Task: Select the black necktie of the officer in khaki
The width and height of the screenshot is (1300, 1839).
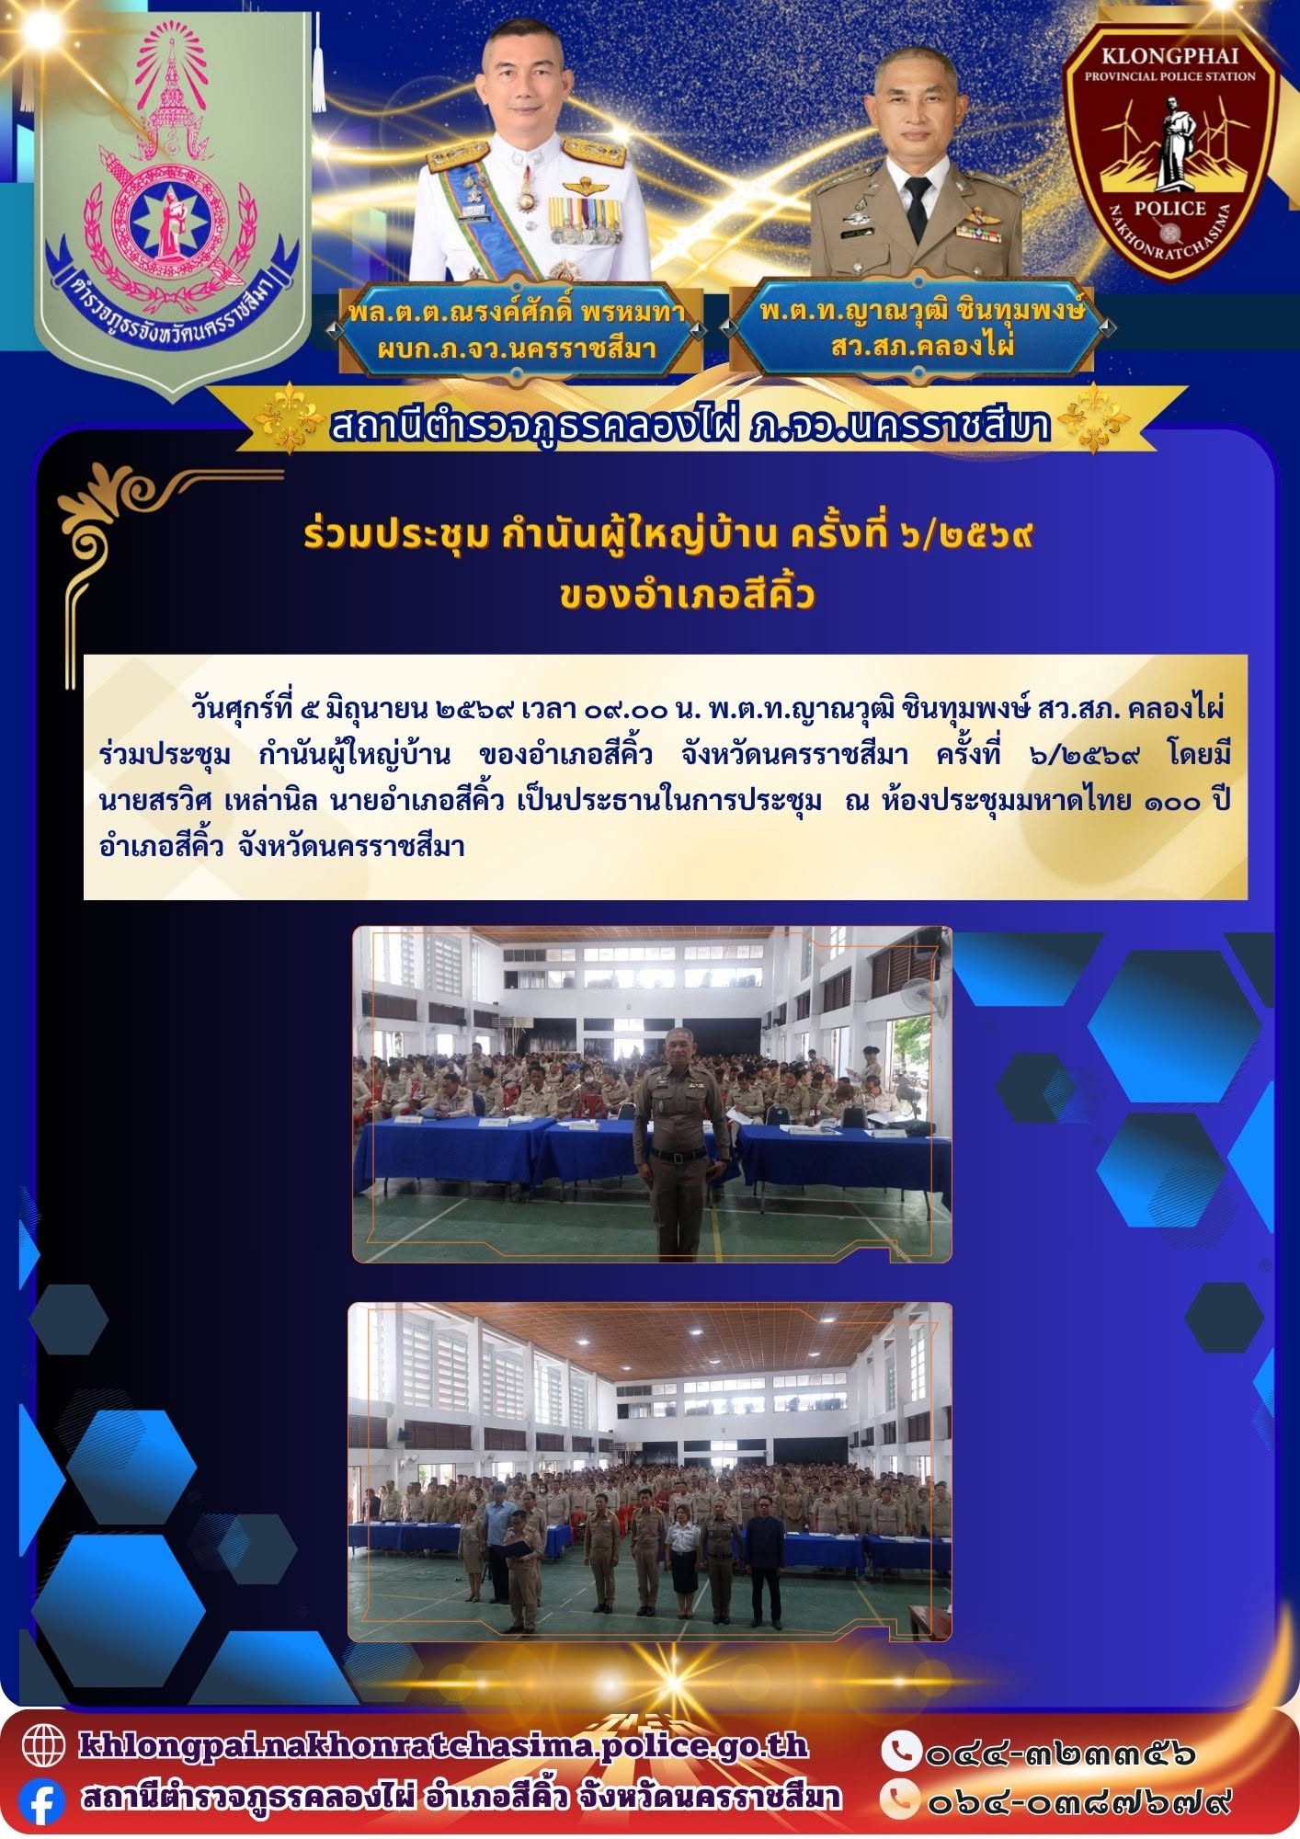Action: tap(917, 207)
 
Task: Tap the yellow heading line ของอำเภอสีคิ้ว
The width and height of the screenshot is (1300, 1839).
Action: tap(687, 596)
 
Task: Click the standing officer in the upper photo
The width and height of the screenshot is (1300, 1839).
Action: tap(681, 1141)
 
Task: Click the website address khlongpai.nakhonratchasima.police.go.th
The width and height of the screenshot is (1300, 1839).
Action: tap(444, 1745)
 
